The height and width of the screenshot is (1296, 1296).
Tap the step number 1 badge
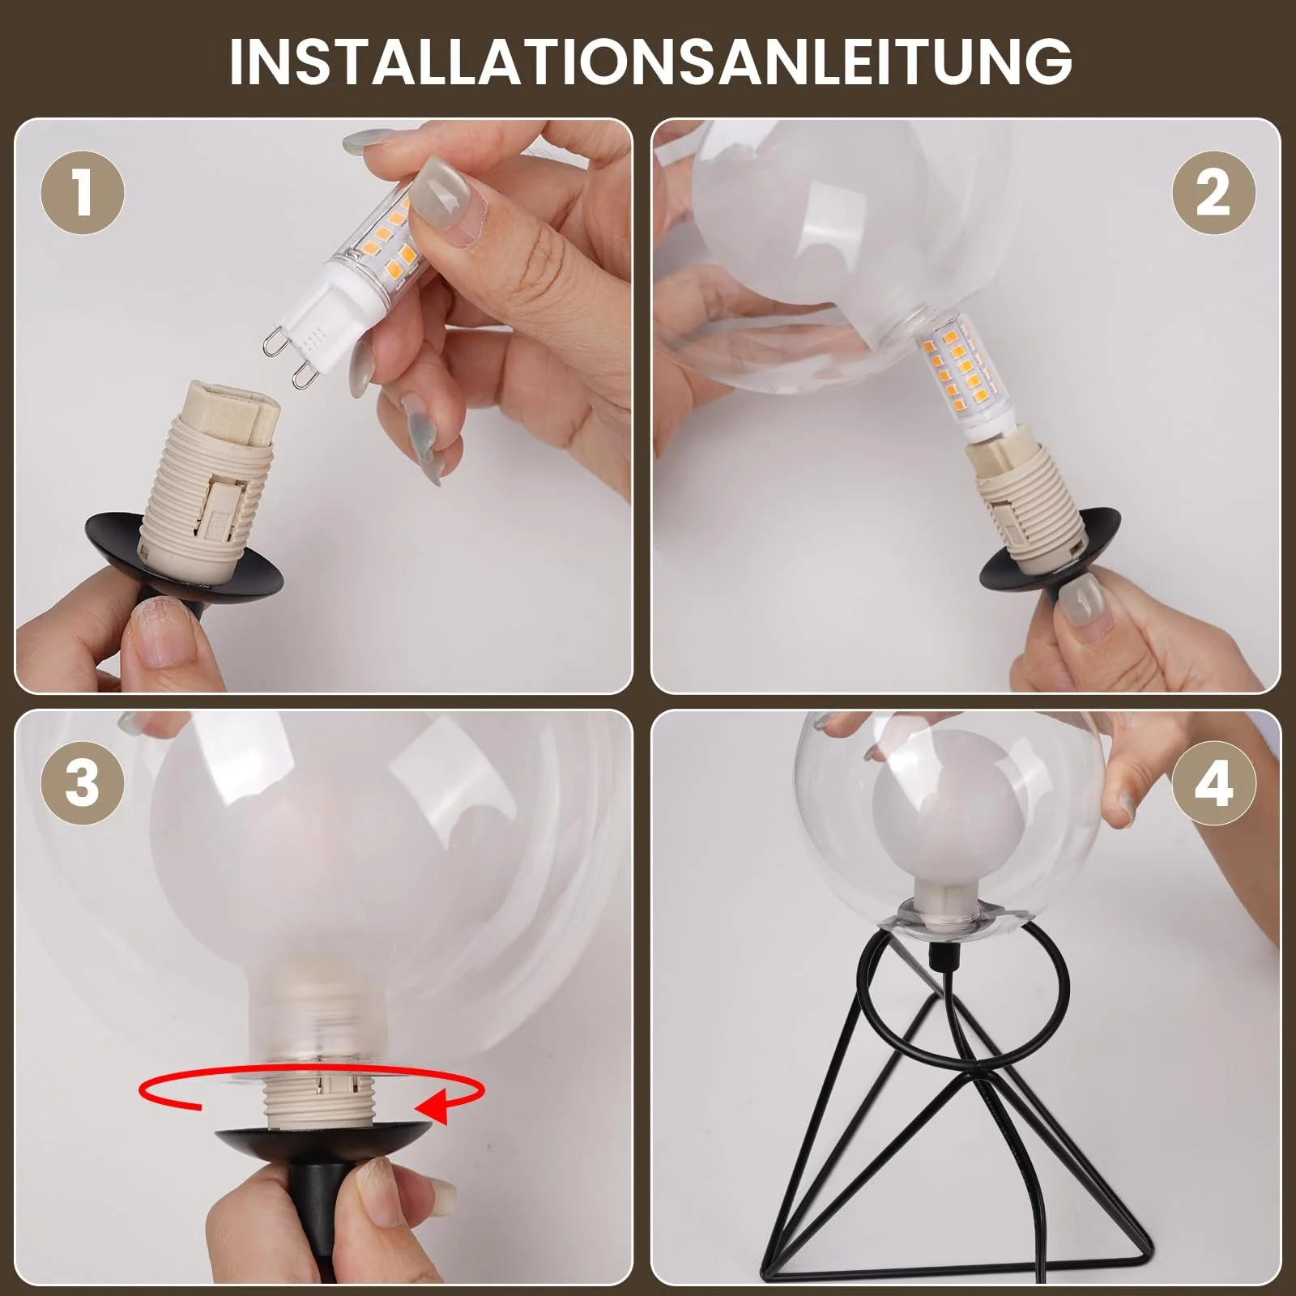coord(83,195)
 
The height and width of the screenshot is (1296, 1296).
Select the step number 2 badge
coord(1213,195)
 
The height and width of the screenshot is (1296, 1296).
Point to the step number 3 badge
coord(83,785)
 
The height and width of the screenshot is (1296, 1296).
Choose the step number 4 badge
coord(1213,785)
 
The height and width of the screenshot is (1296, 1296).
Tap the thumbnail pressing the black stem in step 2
coord(1081,600)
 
